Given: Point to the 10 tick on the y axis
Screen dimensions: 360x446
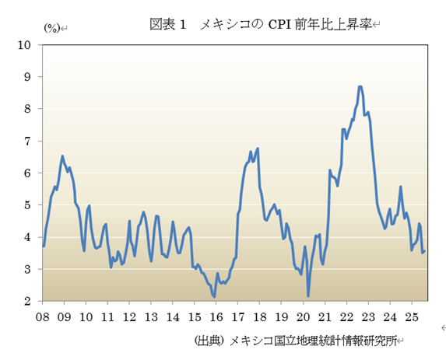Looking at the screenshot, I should tap(24, 45).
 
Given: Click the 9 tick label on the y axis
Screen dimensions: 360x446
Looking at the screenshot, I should tap(27, 77).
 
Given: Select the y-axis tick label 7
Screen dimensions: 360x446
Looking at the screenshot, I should tap(27, 142).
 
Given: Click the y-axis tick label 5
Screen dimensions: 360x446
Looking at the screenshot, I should tap(27, 205).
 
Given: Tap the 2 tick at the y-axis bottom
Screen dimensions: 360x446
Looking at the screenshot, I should tap(27, 301).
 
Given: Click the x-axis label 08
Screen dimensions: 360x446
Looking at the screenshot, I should tap(43, 317).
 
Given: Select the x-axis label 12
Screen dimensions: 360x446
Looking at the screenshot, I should tap(129, 317).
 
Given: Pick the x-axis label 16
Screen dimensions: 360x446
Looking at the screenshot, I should tap(216, 317).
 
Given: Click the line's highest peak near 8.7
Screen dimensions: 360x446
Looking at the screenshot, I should tap(360, 86).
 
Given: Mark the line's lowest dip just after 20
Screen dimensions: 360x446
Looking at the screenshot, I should tap(308, 295).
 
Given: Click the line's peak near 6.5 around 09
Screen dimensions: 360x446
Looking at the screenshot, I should tap(62, 156).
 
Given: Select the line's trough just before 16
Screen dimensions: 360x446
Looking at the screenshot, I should tap(214, 296).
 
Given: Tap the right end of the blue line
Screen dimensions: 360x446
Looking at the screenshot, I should tap(424, 250).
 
